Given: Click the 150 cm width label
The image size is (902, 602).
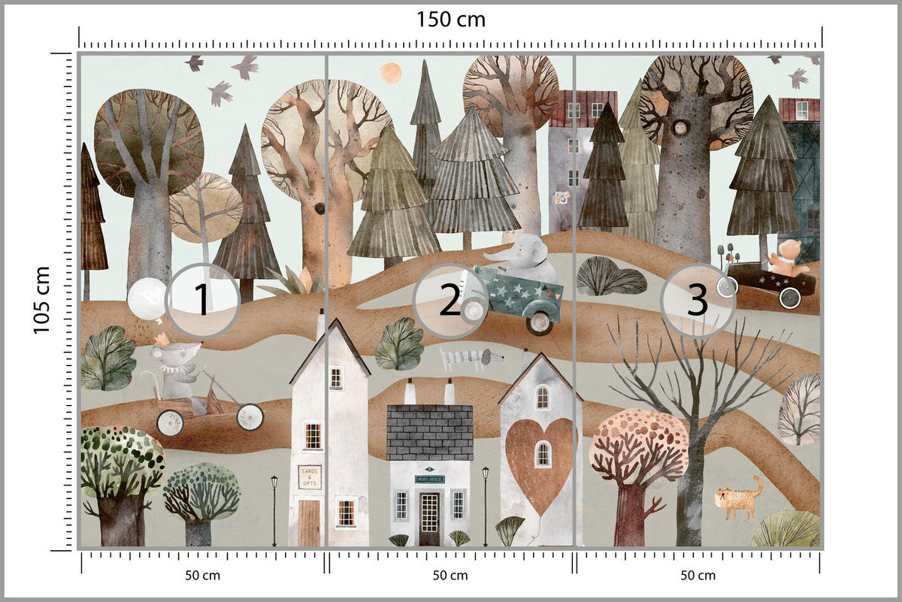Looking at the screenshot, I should click(x=451, y=20).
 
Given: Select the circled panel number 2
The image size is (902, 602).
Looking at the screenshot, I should click(x=449, y=301).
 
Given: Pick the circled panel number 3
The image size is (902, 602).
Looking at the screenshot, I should click(x=698, y=301).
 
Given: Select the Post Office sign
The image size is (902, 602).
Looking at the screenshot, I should click(x=429, y=479).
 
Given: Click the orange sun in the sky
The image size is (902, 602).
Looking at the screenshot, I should click(x=390, y=73).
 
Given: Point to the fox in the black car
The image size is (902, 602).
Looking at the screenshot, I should click(x=785, y=256).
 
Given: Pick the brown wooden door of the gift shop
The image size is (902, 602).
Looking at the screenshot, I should click(x=309, y=523).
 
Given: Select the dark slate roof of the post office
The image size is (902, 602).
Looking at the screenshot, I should click(x=429, y=432).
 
